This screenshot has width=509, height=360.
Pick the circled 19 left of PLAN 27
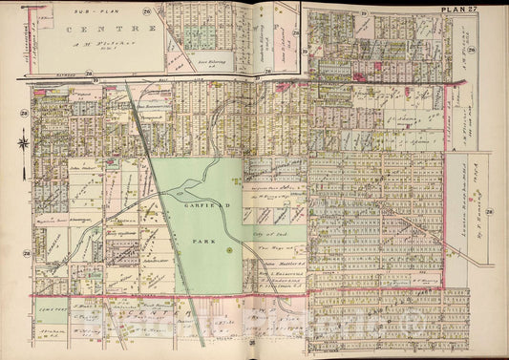364,11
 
